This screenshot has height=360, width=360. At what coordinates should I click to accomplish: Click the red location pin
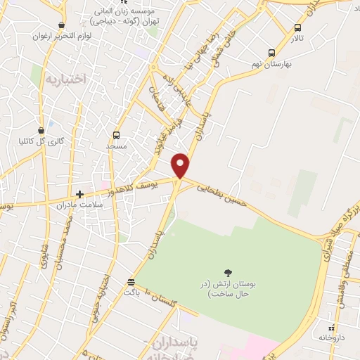click(181, 165)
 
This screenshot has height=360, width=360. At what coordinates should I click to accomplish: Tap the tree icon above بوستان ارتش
click(227, 272)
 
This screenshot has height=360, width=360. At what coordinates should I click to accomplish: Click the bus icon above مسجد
click(116, 135)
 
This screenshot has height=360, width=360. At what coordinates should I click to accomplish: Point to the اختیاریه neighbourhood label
click(64, 79)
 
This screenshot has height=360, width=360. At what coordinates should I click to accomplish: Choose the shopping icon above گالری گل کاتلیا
click(43, 129)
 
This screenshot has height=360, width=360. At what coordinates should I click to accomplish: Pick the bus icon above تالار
click(297, 28)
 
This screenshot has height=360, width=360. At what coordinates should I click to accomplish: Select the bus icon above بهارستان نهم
click(272, 52)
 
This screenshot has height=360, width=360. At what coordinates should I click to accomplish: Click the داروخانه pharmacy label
click(332, 338)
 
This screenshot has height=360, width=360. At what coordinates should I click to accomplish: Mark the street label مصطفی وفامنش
click(343, 263)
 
